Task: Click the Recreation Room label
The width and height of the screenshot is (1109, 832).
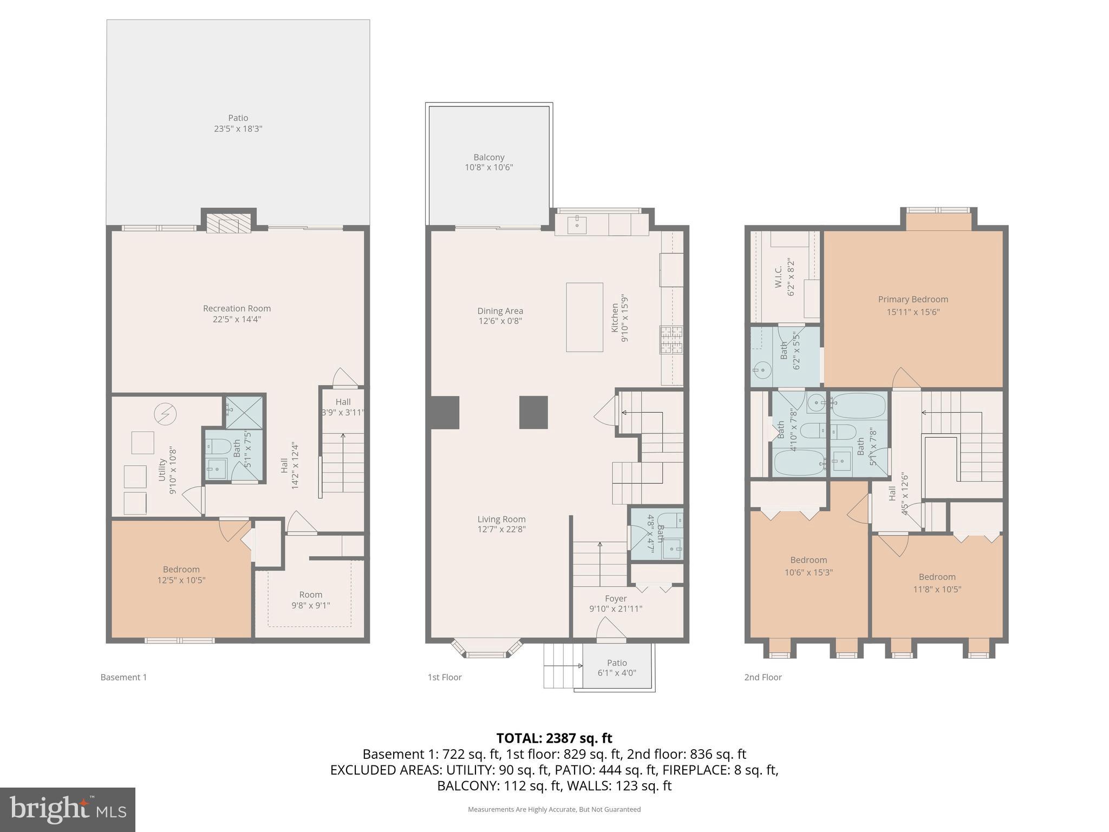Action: coord(237,309)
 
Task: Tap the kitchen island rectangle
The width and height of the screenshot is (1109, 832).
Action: coord(584,317)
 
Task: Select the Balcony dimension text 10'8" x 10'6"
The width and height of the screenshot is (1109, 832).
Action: coord(488,167)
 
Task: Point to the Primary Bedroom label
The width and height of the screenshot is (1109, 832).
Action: coord(912,300)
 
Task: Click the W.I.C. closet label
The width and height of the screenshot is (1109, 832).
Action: coord(778,276)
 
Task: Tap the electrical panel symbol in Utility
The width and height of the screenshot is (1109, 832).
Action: coord(165,414)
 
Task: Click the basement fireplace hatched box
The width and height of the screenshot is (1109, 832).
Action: coord(229,223)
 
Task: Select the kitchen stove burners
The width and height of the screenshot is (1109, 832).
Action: coord(671,340)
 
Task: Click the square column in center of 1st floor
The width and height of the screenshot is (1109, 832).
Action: coord(533,412)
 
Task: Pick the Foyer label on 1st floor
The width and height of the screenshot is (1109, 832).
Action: coord(616,599)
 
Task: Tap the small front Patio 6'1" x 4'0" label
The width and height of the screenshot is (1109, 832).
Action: coord(617,668)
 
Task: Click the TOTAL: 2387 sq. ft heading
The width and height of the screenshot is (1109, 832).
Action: coord(554,738)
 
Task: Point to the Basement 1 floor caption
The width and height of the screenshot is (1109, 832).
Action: coord(123,677)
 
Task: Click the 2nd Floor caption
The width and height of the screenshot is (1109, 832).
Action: coord(762,677)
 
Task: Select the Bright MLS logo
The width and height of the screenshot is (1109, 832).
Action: coord(68,809)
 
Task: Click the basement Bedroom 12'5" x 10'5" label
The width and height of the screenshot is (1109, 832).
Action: coord(181,575)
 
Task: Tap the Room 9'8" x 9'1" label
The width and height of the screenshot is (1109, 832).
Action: coord(310,600)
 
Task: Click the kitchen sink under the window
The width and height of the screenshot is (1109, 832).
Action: coord(577,223)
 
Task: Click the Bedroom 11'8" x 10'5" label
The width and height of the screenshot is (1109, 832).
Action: coord(937,583)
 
